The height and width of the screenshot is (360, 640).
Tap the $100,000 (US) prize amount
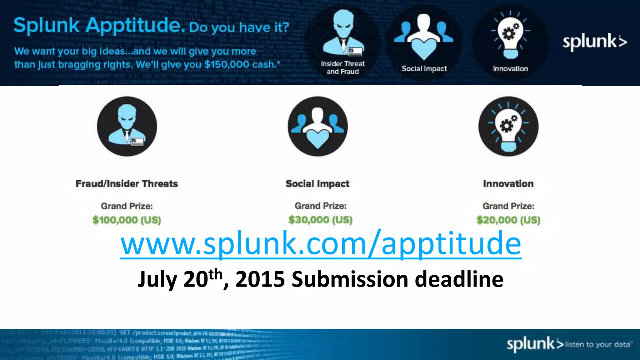[x=127, y=220]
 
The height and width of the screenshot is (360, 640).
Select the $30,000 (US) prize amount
[x=320, y=220]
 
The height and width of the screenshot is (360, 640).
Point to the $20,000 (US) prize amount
[x=508, y=220]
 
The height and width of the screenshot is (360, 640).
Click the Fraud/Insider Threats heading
[x=127, y=183]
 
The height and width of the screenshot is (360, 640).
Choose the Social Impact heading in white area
[x=317, y=183]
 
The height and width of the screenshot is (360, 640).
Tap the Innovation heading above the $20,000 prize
[x=508, y=183]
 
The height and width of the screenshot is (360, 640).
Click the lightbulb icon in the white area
[x=508, y=127]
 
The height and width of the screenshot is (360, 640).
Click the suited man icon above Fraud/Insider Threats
[x=127, y=127]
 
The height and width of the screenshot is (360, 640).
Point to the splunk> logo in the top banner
[x=595, y=42]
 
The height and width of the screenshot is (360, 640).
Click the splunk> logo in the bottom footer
[x=535, y=344]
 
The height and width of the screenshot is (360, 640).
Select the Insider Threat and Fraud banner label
[x=343, y=67]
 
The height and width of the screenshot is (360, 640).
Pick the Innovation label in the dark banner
[x=510, y=69]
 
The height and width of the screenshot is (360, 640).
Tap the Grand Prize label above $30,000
[x=321, y=206]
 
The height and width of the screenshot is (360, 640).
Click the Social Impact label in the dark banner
[x=424, y=69]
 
